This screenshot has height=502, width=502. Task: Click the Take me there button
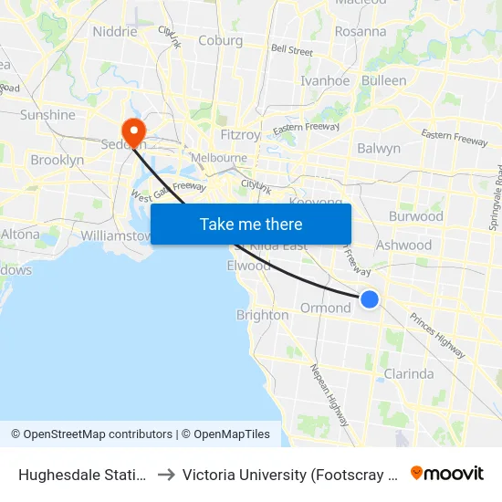pos(250,224)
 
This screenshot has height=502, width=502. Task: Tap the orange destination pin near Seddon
pos(133,132)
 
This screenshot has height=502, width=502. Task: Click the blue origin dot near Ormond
pos(370,298)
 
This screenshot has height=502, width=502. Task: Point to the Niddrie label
pos(115,32)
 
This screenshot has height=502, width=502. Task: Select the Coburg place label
pos(221,40)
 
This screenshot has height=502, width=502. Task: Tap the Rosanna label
pos(361,31)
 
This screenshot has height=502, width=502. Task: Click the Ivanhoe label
pos(325,80)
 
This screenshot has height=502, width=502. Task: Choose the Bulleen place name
pos(384,80)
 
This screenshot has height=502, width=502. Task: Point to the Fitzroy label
pos(242,134)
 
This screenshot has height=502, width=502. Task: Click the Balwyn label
pos(379,148)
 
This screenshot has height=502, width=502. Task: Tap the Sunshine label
pos(47,115)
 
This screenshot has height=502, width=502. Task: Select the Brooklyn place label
pos(57,160)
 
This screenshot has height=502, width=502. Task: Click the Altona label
pos(20,234)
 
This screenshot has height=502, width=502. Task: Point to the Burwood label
pos(415,216)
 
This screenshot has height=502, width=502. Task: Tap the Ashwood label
pos(404,245)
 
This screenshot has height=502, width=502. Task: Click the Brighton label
pos(262,315)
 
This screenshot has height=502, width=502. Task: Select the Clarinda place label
pos(409,374)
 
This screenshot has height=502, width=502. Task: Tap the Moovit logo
pos(447,473)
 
